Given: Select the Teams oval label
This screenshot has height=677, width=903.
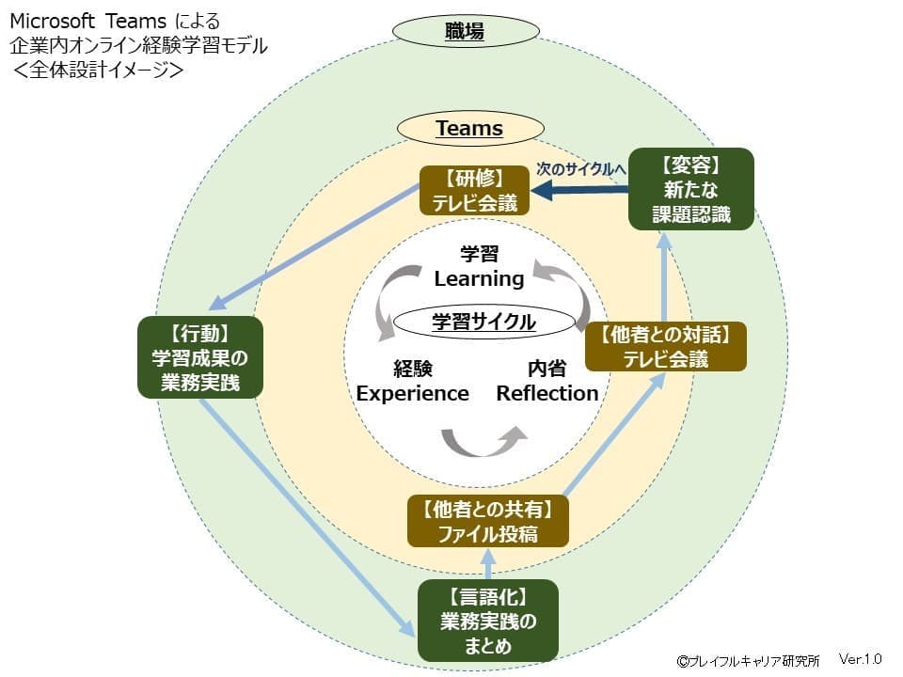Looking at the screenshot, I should coord(468,129).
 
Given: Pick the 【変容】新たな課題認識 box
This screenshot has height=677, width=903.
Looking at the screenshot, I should coord(691,189).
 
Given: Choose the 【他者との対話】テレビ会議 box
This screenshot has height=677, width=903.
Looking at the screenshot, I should coord(666,346).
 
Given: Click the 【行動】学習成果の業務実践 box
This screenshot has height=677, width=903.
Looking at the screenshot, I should coord(200,357).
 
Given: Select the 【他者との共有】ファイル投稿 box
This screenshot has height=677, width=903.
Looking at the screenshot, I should coord(487,522).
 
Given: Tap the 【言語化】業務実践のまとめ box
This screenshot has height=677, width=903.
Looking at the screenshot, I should coord(487,621).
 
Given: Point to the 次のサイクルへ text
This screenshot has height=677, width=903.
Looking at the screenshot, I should coord(580,169).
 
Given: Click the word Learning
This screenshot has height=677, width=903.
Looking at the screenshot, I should coord(479,278).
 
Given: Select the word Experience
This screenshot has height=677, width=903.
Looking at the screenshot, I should coord(412,393).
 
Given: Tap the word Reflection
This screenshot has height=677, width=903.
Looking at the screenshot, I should coord(547,393).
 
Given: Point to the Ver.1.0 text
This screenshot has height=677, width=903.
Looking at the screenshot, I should coord(860,659).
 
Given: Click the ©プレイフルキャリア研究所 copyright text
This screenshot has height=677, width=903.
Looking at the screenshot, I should coord(748,661).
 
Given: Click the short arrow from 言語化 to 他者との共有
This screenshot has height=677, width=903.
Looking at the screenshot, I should coord(487,563).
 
